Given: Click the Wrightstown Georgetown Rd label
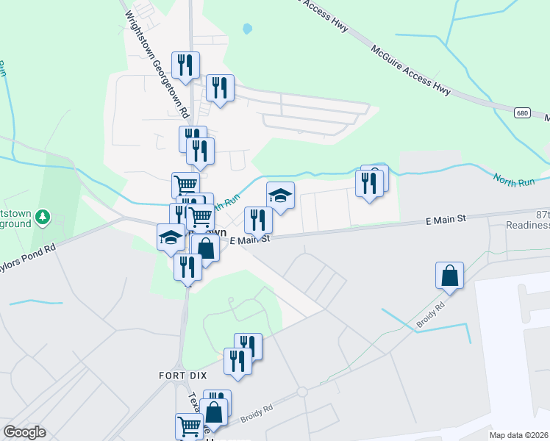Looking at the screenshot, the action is pyautogui.click(x=157, y=64).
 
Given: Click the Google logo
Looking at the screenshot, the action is pyautogui.click(x=24, y=431).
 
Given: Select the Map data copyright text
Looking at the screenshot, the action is pyautogui.click(x=519, y=435).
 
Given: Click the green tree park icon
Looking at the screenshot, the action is pyautogui.click(x=43, y=216).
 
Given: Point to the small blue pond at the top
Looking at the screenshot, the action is pyautogui.click(x=247, y=29).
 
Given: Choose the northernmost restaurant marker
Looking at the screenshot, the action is pyautogui.click(x=185, y=64).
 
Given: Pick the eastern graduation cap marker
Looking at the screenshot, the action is pyautogui.click(x=279, y=195).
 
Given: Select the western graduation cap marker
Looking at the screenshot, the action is pyautogui.click(x=171, y=237).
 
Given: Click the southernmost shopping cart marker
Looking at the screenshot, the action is pyautogui.click(x=189, y=425).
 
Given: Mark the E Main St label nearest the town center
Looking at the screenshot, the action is pyautogui.click(x=251, y=240).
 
